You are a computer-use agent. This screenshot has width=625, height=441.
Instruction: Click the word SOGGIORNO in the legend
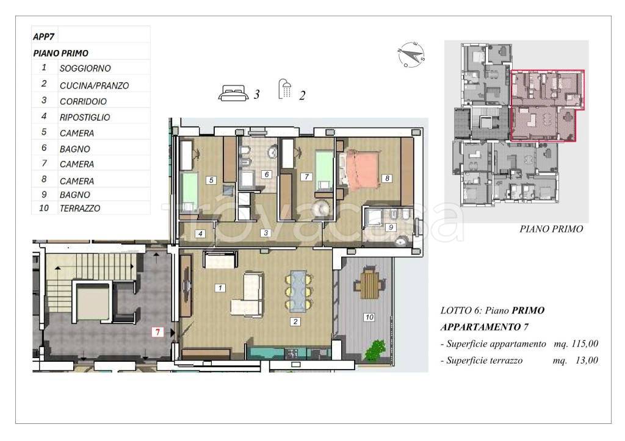tap(85, 68)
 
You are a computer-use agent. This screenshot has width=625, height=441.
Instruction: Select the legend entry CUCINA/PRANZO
tap(94, 85)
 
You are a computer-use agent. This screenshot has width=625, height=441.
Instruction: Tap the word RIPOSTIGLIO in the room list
tap(84, 118)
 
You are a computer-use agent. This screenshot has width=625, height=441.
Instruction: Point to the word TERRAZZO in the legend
tap(80, 209)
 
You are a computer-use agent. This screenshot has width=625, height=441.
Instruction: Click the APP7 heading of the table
tap(43, 37)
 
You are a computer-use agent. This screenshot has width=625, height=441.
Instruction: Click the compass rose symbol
tap(411, 54)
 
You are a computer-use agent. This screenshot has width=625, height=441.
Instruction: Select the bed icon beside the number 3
tap(233, 93)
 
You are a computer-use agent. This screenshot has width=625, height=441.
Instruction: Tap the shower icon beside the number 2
tap(285, 88)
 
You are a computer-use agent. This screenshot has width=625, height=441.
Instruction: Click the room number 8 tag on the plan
tap(386, 179)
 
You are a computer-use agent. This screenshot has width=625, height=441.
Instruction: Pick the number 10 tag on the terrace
tap(369, 317)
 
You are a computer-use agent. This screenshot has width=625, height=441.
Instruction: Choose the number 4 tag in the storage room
tap(200, 234)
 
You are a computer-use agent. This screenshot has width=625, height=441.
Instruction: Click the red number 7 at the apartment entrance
tap(158, 332)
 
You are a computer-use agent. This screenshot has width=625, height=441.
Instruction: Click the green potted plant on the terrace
tap(375, 350)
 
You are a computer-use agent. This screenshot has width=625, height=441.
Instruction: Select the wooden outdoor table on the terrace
tap(369, 284)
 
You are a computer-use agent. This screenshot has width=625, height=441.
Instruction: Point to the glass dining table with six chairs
tap(298, 291)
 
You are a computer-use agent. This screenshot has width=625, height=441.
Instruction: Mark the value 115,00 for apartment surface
tap(585, 344)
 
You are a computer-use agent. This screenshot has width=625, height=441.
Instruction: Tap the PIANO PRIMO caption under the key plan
tap(551, 229)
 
